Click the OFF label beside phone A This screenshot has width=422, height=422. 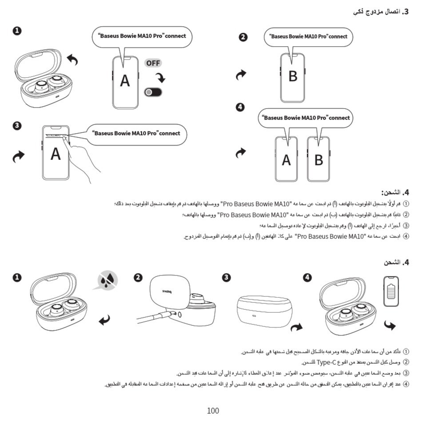pyautogui.click(x=153, y=63)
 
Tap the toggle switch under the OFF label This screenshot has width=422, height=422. pyautogui.click(x=153, y=92)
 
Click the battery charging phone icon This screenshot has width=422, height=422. pyautogui.click(x=391, y=291)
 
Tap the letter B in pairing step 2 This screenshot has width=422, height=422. pyautogui.click(x=292, y=76)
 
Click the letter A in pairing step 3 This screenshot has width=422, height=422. pyautogui.click(x=56, y=154)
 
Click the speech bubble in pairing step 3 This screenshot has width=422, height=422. pyautogui.click(x=138, y=133)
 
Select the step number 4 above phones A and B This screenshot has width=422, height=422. pyautogui.click(x=240, y=107)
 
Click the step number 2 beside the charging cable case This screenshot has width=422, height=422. pyautogui.click(x=138, y=278)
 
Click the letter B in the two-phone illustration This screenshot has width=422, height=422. pyautogui.click(x=318, y=159)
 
